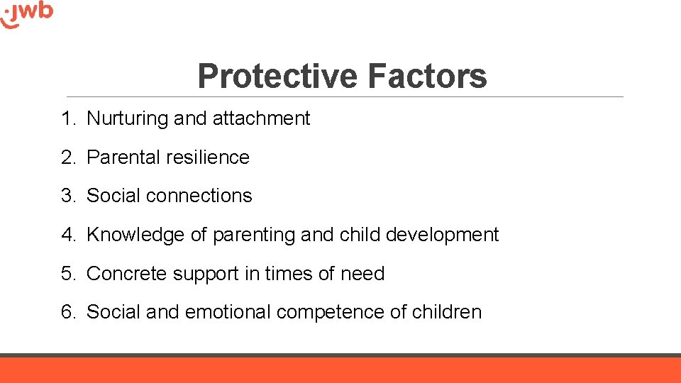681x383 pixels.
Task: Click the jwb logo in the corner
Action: click(27, 13)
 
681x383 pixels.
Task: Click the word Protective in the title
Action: click(277, 76)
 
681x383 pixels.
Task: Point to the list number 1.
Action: click(67, 118)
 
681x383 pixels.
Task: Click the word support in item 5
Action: click(201, 274)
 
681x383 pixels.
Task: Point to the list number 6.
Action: click(68, 312)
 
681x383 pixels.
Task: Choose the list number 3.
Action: click(68, 196)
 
